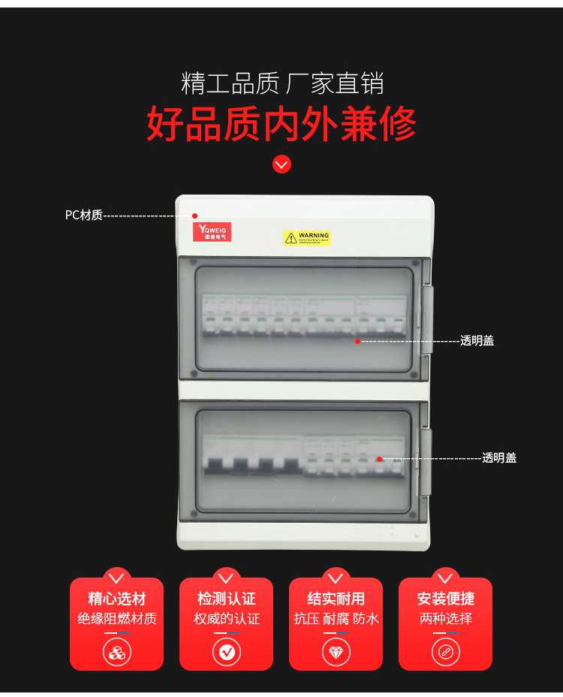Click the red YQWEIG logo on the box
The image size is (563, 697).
click(x=212, y=232)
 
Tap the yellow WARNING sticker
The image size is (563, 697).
click(x=307, y=237)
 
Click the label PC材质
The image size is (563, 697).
click(x=83, y=216)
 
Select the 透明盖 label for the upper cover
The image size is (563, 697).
click(x=477, y=341)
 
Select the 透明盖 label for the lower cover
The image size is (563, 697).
click(x=499, y=458)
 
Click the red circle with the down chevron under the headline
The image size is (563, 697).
click(x=281, y=164)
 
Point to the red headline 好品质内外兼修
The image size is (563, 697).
click(x=281, y=125)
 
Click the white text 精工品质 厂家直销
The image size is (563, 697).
click(x=281, y=83)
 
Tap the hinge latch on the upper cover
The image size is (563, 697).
click(x=426, y=318)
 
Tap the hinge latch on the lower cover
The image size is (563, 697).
click(x=426, y=461)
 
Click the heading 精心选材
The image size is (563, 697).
click(x=116, y=599)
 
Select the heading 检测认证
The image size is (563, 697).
click(x=226, y=599)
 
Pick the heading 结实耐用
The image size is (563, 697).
click(x=336, y=599)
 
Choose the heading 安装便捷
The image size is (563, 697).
click(x=445, y=599)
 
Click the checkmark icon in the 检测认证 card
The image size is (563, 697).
click(x=227, y=651)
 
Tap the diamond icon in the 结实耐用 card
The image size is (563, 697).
click(x=336, y=651)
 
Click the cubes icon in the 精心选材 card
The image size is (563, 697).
click(x=116, y=651)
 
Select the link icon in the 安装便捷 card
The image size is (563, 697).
click(x=445, y=651)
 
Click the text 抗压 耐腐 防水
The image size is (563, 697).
click(x=336, y=619)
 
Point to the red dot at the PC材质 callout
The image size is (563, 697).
click(x=194, y=216)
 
